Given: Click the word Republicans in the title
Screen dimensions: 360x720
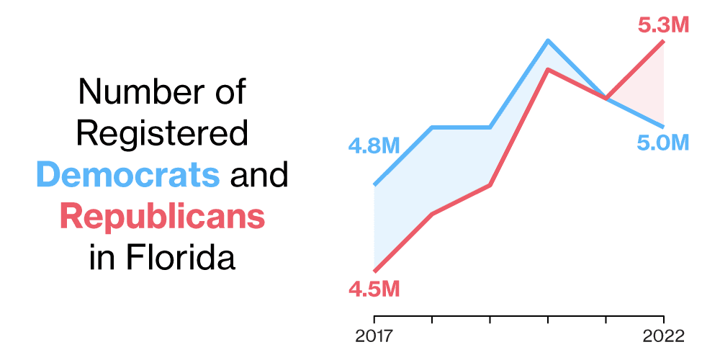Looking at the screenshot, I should click(x=162, y=216).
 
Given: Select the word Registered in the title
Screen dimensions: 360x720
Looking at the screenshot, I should click(x=163, y=134).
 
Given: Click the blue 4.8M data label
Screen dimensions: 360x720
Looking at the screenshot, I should click(x=374, y=147).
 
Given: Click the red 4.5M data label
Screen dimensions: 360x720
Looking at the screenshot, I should click(x=374, y=289).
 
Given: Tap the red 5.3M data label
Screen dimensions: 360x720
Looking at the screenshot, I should click(x=663, y=25).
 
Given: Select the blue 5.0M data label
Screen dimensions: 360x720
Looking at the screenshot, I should click(x=663, y=143).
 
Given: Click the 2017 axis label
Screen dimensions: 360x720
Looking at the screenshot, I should click(x=374, y=336).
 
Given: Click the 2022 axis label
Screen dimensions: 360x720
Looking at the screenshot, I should click(x=663, y=336).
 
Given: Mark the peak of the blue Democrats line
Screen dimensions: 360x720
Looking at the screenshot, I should click(x=548, y=41).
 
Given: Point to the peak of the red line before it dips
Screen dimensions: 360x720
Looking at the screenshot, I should click(x=548, y=70).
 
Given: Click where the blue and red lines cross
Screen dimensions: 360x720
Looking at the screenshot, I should click(x=606, y=98).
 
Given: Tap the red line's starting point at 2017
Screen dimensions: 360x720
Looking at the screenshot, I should click(x=374, y=271).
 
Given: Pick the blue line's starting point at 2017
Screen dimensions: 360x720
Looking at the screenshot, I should click(x=374, y=185).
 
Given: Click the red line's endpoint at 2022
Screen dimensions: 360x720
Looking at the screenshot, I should click(x=663, y=42).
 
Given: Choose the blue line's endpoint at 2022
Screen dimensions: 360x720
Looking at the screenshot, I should click(x=663, y=127).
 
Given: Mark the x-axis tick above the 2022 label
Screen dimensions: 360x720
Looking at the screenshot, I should click(x=663, y=319).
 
